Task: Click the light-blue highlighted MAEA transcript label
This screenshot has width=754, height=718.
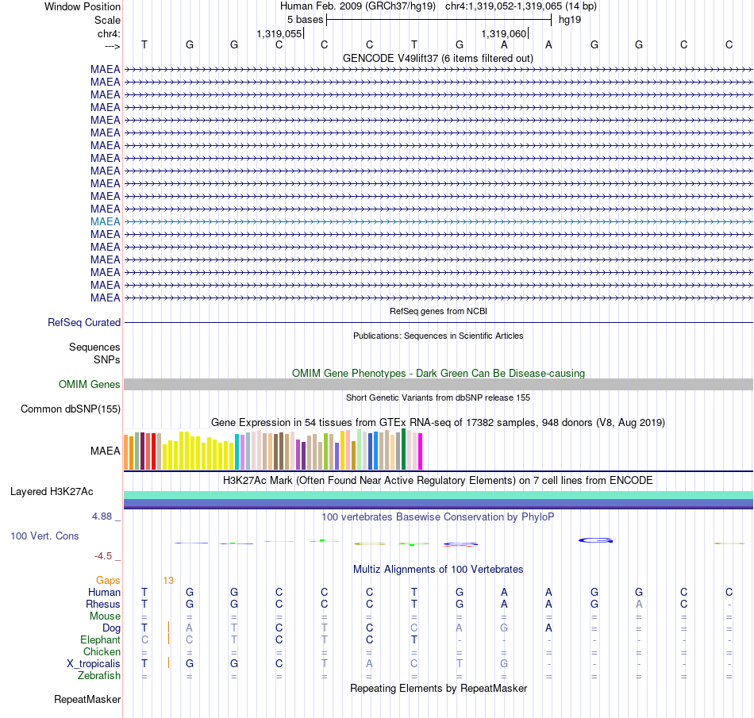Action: [x=106, y=221]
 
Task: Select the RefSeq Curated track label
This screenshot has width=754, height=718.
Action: [x=84, y=322]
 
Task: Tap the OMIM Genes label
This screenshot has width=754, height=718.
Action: [x=90, y=385]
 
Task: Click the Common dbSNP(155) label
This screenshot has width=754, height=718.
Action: [x=71, y=409]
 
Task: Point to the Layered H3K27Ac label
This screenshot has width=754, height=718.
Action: [x=52, y=492]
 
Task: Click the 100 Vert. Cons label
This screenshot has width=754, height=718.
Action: [x=44, y=536]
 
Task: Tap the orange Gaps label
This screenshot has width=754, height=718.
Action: [x=108, y=581]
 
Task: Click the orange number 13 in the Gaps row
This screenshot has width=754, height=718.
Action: [x=168, y=581]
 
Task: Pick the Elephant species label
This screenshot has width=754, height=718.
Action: [x=100, y=639]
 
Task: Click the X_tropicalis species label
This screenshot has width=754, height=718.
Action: [x=94, y=664]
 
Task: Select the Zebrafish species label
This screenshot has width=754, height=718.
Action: [x=99, y=675]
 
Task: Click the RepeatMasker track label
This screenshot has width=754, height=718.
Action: [x=87, y=699]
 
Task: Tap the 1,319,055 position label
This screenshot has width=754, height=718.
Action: [x=279, y=33]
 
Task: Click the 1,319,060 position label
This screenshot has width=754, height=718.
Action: [x=504, y=33]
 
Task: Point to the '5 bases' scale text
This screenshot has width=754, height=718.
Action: [x=306, y=20]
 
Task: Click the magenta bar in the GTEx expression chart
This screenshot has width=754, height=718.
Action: [x=421, y=451]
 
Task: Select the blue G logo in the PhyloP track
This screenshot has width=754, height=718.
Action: [x=595, y=540]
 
